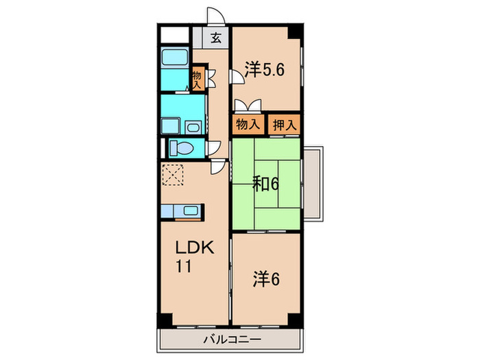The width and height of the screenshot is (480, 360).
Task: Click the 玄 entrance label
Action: click(x=216, y=38)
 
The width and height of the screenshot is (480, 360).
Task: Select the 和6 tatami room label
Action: click(x=265, y=183)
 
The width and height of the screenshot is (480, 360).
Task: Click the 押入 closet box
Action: click(x=284, y=125)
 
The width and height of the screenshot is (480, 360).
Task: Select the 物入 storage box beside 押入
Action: click(x=248, y=125)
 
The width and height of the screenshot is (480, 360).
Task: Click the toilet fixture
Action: click(x=181, y=147)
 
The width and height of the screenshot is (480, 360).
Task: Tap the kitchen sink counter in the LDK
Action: click(x=182, y=213)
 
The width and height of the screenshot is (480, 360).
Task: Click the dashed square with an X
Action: click(x=173, y=175)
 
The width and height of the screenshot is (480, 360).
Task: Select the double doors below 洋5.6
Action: click(x=248, y=105)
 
